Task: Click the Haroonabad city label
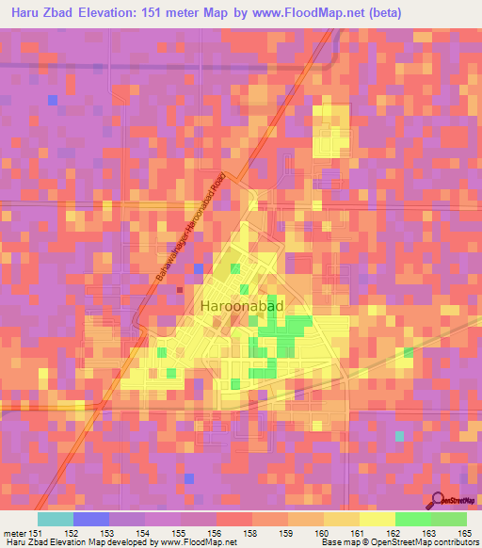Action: click(242, 306)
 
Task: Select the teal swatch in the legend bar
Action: click(55, 519)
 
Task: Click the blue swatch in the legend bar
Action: click(90, 519)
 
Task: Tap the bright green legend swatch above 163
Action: click(412, 519)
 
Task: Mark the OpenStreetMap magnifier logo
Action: click(439, 501)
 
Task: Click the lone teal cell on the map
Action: click(399, 436)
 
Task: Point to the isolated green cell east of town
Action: click(408, 352)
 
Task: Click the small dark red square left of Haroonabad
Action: click(179, 290)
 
